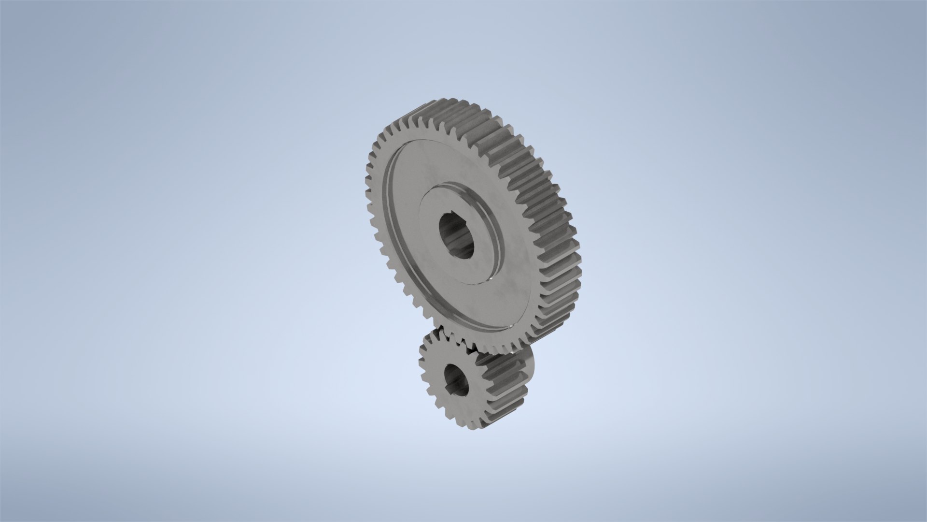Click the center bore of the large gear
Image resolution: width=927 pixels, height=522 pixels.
(x=456, y=235)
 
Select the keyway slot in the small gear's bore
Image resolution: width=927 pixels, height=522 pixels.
(x=458, y=391)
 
